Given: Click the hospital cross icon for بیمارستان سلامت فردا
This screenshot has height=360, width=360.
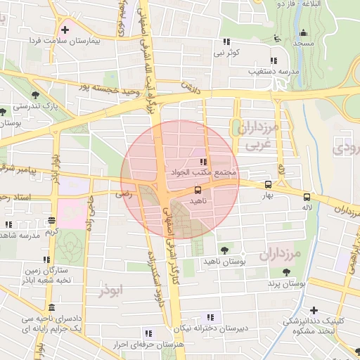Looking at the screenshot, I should (65, 30).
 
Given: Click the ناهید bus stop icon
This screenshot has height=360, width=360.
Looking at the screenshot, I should (197, 190).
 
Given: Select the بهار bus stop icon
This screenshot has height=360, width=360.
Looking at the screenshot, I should (268, 184).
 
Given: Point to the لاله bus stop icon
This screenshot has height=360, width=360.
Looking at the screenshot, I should (307, 197).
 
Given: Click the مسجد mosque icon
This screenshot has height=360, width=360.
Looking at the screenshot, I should (303, 32).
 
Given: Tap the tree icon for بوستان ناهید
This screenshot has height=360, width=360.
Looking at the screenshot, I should (224, 250).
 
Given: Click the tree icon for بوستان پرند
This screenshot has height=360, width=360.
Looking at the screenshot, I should (285, 272).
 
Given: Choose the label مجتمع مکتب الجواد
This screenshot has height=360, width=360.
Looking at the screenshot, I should (203, 172).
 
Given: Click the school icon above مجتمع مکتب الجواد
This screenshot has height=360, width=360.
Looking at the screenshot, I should (203, 162).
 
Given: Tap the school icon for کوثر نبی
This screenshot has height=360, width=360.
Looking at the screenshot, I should (226, 41).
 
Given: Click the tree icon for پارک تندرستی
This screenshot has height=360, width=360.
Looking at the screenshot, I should (35, 94).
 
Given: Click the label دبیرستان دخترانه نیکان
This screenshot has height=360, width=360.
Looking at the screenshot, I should (212, 328).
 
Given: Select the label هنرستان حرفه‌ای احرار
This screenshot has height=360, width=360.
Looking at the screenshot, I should (148, 344).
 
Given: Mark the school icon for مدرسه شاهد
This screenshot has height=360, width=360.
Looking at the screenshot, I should (8, 224).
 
